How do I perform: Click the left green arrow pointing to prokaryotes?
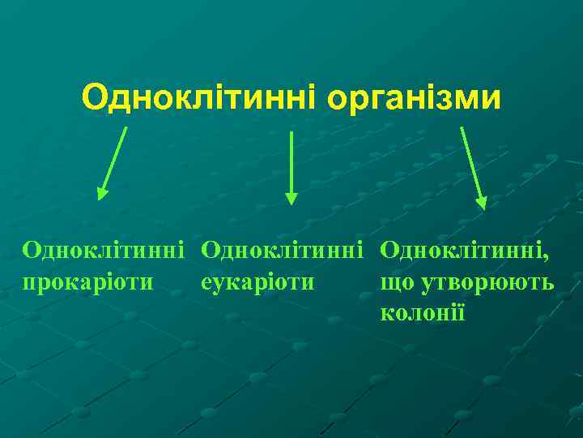pyautogui.click(x=113, y=162)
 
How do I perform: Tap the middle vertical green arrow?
pyautogui.click(x=291, y=166)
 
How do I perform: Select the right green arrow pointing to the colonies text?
pyautogui.click(x=472, y=166)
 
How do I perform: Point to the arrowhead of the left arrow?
pyautogui.click(x=102, y=192)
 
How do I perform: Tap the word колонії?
pyautogui.click(x=422, y=311)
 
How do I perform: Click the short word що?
pyautogui.click(x=396, y=283)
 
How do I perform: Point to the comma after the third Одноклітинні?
pyautogui.click(x=545, y=258)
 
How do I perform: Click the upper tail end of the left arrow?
pyautogui.click(x=126, y=128)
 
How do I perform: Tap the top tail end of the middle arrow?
pyautogui.click(x=291, y=133)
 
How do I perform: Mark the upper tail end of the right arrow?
pyautogui.click(x=462, y=128)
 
